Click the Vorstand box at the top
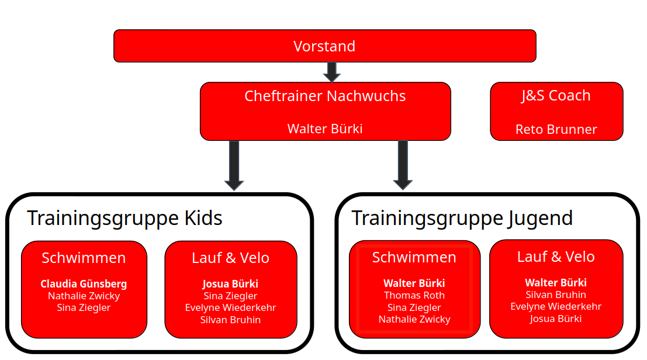pos(324,46)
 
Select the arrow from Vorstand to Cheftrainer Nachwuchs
pos(331,72)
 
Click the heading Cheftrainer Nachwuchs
pos(325,96)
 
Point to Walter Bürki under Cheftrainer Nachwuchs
pos(325,129)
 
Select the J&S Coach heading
pos(556,96)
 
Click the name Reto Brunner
pos(556,129)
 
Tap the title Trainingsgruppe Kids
pos(124,218)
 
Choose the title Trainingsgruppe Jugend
pos(462,218)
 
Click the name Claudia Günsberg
pos(84,284)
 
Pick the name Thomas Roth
pos(414,295)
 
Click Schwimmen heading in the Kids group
pos(84,258)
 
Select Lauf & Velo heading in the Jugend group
pos(556,257)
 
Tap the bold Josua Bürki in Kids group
pos(230,284)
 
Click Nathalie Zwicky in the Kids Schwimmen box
pos(84,296)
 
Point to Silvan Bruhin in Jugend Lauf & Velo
pos(556,295)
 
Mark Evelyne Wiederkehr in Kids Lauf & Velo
pos(230,307)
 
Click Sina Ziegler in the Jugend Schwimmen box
pos(414,307)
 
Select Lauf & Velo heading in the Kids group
pos(230,258)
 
